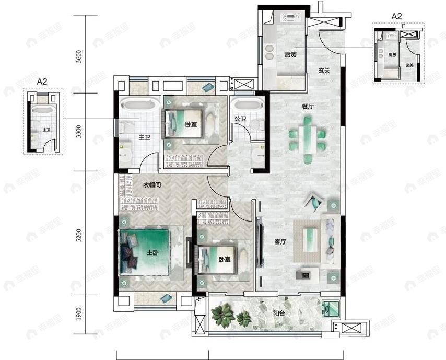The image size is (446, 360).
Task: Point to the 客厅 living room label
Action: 280,242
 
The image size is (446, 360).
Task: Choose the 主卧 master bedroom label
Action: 152,253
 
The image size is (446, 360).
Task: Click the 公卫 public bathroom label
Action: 240,119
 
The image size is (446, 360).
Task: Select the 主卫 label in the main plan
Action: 144,138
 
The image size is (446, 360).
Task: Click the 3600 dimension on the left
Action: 79,56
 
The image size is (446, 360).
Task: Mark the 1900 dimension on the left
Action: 79,313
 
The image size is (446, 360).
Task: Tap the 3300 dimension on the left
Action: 79,132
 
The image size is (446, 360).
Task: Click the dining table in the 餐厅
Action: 307,135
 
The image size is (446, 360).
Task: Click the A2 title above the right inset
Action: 397,16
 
